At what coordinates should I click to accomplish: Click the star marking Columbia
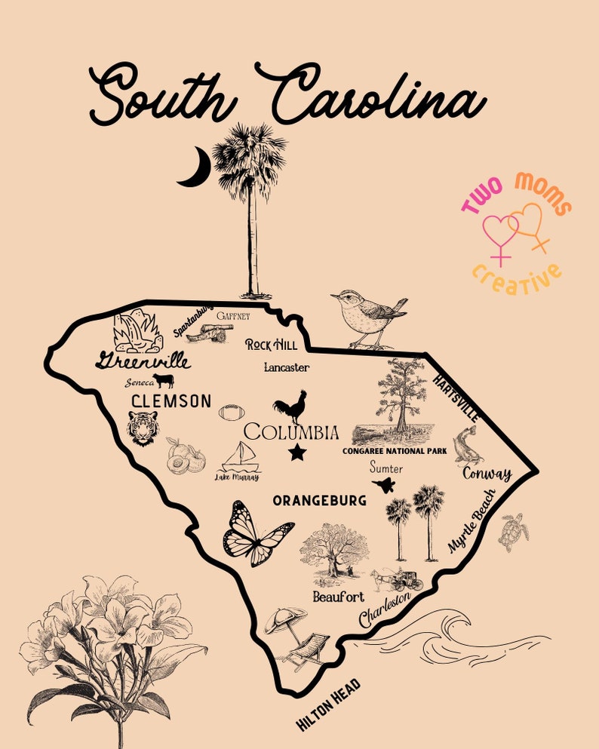pos(297,453)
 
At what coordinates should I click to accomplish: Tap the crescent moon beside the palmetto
pos(194,167)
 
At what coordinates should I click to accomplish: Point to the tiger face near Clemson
pos(143,428)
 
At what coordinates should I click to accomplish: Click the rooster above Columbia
pos(290,407)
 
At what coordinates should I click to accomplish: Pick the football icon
pos(232,413)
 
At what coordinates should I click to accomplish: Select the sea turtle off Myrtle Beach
pos(514,532)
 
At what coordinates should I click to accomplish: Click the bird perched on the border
pos(367,319)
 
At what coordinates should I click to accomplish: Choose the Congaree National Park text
pos(395,451)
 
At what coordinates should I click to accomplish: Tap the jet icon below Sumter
pos(384,485)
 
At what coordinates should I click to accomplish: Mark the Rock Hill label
pos(272,345)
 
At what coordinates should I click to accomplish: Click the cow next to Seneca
pos(162,380)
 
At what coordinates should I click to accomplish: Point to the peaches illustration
pos(186,456)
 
